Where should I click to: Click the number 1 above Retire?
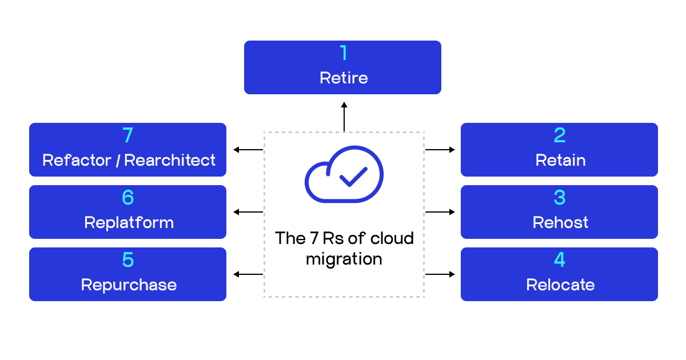344,53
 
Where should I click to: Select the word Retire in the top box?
344,78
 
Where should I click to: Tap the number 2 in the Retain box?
560,135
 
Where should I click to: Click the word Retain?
560,161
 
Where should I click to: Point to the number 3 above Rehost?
560,198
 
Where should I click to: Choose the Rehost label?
560,222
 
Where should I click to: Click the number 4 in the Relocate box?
560,260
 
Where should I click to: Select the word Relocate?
560,285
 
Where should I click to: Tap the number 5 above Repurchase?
127,260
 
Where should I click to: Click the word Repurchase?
129,285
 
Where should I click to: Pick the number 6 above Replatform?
127,198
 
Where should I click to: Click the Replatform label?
129,222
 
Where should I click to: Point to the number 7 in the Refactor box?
127,135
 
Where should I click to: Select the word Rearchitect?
170,161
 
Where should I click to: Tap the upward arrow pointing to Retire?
344,117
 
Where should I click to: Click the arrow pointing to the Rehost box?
440,212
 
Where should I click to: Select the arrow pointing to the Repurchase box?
248,274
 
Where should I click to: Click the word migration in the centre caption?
344,259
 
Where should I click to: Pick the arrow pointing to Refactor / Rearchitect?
248,150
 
